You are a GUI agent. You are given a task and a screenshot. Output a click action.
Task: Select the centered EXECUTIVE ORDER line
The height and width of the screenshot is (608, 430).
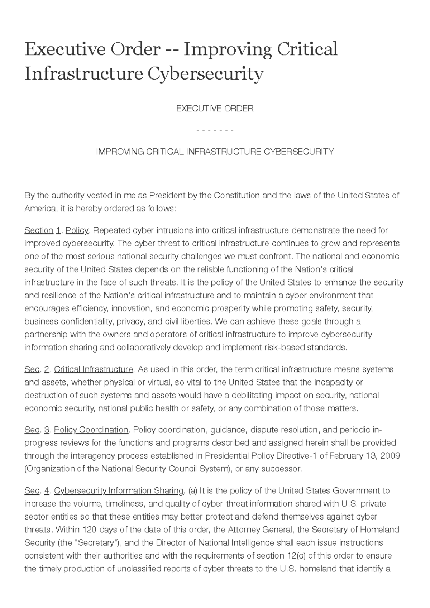(215, 109)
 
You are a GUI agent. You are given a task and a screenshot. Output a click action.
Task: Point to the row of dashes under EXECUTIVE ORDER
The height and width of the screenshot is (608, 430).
(215, 130)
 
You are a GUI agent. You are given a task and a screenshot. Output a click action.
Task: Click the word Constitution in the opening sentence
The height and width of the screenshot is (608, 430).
(237, 196)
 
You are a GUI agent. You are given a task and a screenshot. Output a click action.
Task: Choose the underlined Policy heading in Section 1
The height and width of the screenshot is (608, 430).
(77, 230)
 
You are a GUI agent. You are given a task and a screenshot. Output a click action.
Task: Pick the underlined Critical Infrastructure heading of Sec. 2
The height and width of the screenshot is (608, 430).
(94, 369)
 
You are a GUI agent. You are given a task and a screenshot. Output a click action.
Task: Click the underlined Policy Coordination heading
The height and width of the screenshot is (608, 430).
(91, 430)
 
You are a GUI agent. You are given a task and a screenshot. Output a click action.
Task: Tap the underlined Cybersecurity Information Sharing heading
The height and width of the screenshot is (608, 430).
(119, 490)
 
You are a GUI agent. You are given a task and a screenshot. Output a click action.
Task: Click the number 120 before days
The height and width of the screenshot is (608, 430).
(90, 530)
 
